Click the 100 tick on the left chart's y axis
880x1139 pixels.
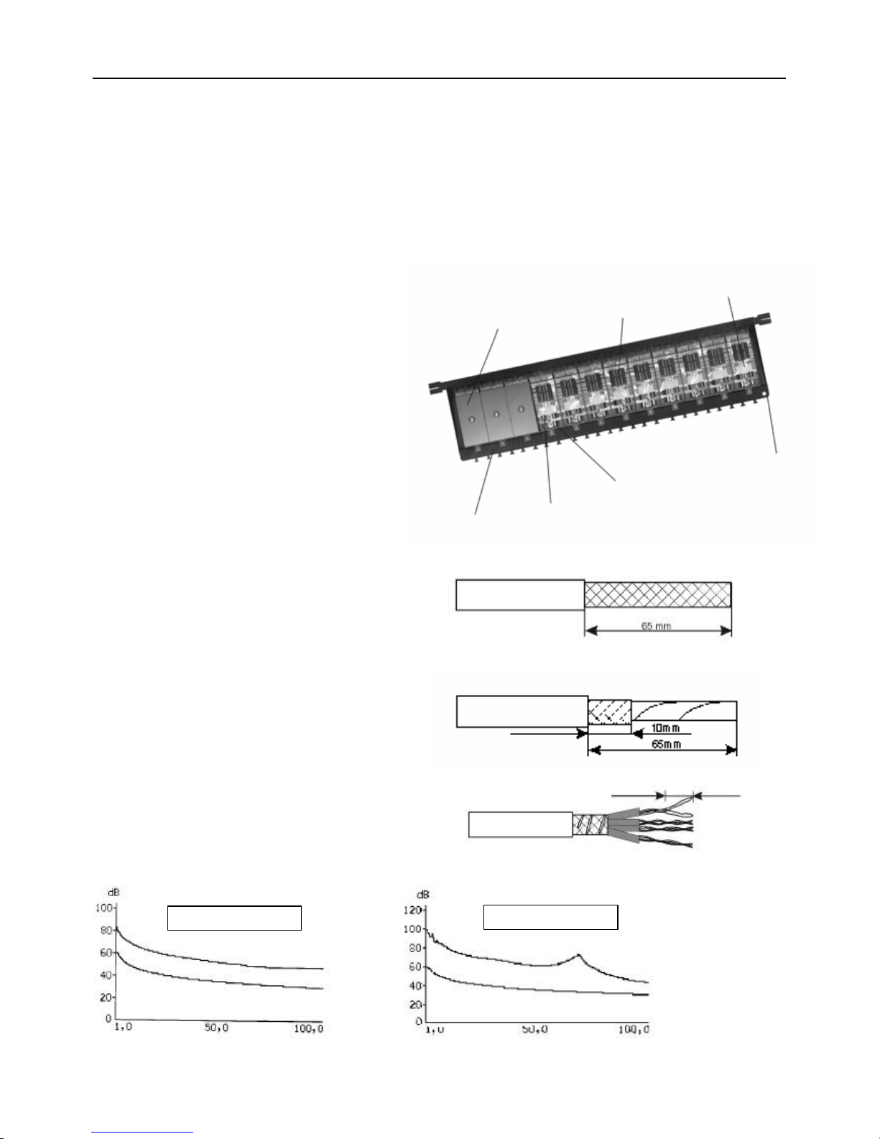click(x=103, y=908)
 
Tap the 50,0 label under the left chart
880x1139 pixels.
click(x=216, y=1028)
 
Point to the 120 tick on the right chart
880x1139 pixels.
click(x=412, y=910)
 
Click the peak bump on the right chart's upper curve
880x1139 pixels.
click(x=578, y=956)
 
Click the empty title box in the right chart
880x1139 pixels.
click(x=550, y=917)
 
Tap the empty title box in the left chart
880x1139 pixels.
click(x=234, y=918)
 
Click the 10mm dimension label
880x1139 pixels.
click(x=665, y=728)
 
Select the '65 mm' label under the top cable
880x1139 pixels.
click(x=657, y=625)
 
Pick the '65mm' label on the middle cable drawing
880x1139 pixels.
click(x=667, y=744)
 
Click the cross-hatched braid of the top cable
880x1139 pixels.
click(x=658, y=594)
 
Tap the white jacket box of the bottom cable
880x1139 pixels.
click(x=520, y=824)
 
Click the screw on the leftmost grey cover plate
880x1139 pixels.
click(x=471, y=420)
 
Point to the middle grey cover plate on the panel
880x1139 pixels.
click(x=496, y=413)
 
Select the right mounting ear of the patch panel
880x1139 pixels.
click(x=764, y=318)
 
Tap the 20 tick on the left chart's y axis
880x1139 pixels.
click(x=106, y=997)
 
